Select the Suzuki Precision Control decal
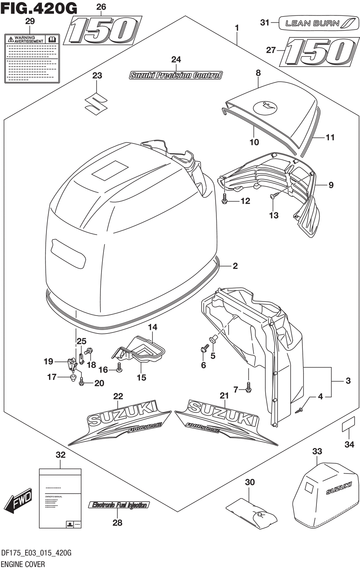tap(176, 76)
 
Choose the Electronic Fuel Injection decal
tap(119, 505)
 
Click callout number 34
tap(349, 445)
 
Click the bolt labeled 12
tap(225, 199)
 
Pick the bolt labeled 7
tap(248, 388)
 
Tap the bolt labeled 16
tap(120, 368)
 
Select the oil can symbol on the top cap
tap(266, 107)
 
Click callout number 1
tap(237, 28)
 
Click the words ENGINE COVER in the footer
tap(23, 564)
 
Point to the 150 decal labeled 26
tap(102, 31)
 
